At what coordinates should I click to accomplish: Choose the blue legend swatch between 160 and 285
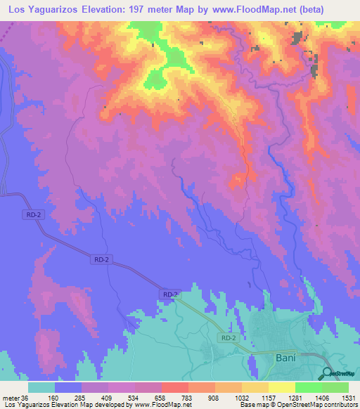[68, 387]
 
